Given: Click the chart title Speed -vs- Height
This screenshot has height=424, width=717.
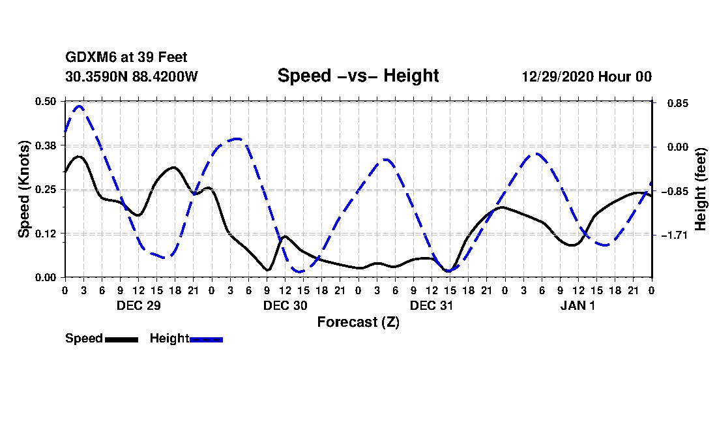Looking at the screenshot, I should pos(358,76).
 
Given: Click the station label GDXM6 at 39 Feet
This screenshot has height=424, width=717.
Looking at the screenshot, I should pos(126,58).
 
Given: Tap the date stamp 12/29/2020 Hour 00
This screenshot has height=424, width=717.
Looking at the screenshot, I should pos(586,76).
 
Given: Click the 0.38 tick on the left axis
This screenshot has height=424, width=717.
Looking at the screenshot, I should pos(47,145).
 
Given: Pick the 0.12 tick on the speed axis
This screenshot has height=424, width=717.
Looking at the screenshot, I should pos(47,234).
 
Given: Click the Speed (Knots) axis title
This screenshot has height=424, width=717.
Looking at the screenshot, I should pos(24,189).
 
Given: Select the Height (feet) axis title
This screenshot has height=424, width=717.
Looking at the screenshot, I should pos(701,189).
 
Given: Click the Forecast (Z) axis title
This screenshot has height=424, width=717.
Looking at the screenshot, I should pos(358,322).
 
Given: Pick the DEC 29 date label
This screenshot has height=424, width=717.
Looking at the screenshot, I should pos(138,305).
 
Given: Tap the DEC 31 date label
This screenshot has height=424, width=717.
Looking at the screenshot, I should pos(432,305).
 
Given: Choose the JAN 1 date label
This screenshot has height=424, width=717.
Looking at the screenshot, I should pos(578,305).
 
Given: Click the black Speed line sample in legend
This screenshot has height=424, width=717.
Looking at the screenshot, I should pos(121,339).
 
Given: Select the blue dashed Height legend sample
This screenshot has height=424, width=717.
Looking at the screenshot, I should pos(206,339).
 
